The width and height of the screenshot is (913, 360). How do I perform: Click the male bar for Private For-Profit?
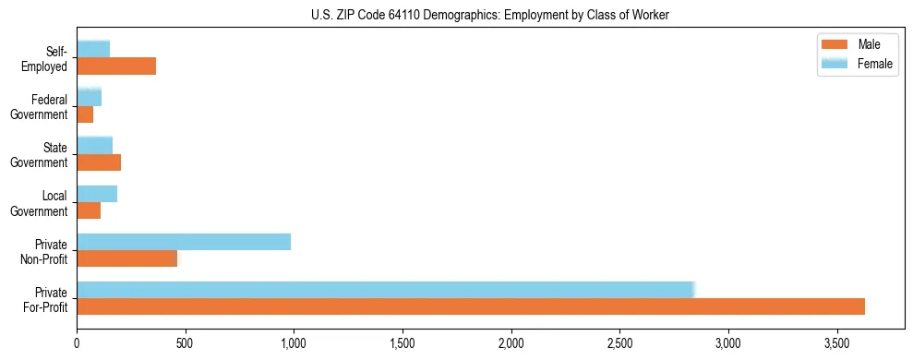tap(471, 306)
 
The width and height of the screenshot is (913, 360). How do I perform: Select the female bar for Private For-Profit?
tap(385, 289)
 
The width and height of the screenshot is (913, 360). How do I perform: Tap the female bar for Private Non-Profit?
tap(184, 242)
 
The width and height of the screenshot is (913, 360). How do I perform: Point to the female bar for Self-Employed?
tap(93, 49)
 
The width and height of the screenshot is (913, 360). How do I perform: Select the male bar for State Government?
tap(99, 162)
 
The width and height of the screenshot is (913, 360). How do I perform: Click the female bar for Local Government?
tap(97, 194)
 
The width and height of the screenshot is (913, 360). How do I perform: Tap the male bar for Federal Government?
tap(85, 114)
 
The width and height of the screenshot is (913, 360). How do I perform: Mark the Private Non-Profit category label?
tap(48, 250)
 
